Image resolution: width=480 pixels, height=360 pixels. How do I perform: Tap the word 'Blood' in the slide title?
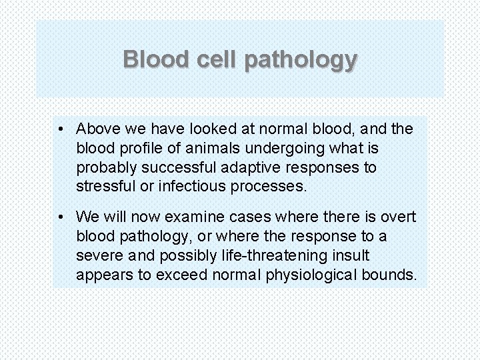point(157,60)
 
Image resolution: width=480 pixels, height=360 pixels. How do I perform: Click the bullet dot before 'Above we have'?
point(61,128)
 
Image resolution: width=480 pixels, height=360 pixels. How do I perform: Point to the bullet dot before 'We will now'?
point(61,217)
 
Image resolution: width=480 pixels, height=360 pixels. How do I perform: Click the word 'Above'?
point(97,128)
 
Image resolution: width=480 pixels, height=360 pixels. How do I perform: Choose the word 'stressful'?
point(103,186)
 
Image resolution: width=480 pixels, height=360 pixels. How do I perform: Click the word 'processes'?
point(266,186)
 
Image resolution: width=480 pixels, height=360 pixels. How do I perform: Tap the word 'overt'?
point(398,217)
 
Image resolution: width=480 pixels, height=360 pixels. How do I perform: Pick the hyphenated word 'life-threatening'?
point(276,255)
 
